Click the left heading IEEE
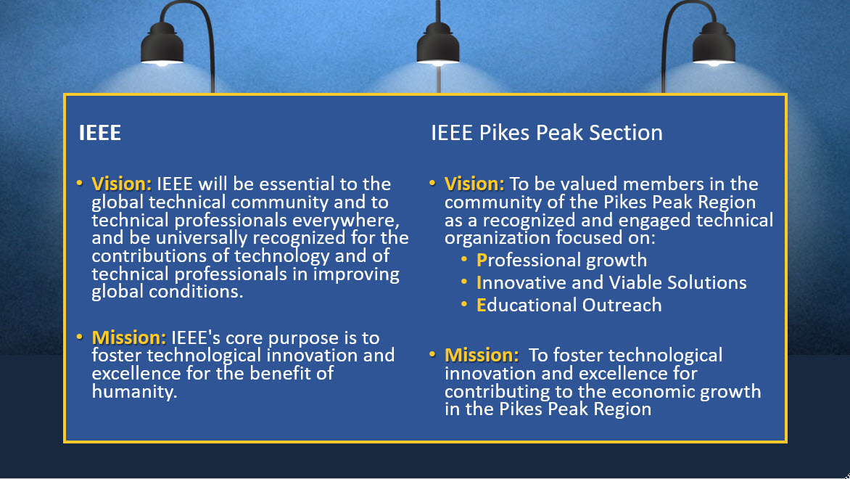point(100,133)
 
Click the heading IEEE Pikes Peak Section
point(546,133)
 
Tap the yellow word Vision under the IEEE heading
point(121,184)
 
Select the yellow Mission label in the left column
point(128,337)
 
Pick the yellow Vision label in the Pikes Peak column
point(474,184)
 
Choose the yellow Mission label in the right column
point(482,355)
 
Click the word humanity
point(134,392)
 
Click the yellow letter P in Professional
point(482,261)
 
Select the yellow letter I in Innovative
point(479,282)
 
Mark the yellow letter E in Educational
point(482,306)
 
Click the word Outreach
point(622,306)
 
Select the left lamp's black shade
point(162,44)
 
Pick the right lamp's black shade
point(714,44)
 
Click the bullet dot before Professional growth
point(464,260)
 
